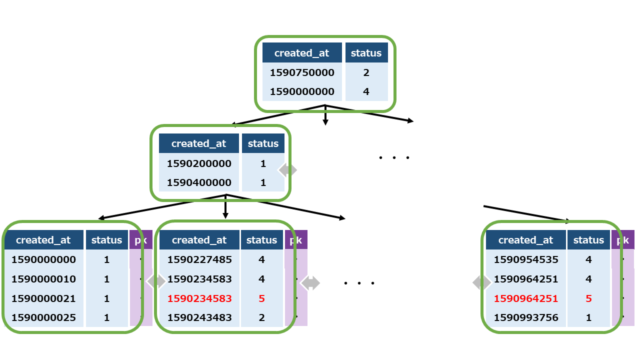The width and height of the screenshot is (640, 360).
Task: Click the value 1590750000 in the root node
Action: [x=302, y=72]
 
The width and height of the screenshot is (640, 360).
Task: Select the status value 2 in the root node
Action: [x=366, y=72]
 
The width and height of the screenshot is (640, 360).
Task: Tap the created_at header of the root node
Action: [x=302, y=53]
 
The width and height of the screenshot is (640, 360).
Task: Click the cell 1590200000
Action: [x=199, y=163]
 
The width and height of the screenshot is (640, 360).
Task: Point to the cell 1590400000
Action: [x=199, y=182]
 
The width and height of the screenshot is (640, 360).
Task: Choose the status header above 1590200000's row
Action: [x=263, y=143]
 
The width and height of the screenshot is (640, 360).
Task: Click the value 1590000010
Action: [x=44, y=279]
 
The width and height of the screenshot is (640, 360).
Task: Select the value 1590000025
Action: [x=44, y=317]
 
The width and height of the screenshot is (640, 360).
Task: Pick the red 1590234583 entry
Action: [x=199, y=298]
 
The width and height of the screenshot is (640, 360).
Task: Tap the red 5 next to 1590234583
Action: [x=261, y=298]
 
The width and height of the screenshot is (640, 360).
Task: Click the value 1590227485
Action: [x=199, y=259]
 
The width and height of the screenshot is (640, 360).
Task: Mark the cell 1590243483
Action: [x=199, y=317]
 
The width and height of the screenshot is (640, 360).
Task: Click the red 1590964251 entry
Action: [x=526, y=298]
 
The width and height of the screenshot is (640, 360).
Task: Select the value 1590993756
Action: [x=526, y=317]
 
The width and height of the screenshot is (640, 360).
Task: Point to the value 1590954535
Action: [x=526, y=259]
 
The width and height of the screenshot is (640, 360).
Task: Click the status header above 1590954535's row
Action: [x=588, y=240]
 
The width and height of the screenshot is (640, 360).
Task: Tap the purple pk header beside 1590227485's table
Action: [x=295, y=240]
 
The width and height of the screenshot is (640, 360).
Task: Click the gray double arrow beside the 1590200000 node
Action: [x=287, y=170]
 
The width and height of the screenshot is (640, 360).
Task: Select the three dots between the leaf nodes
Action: [x=359, y=283]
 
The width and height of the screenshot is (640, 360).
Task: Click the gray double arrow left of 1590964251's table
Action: [x=481, y=283]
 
